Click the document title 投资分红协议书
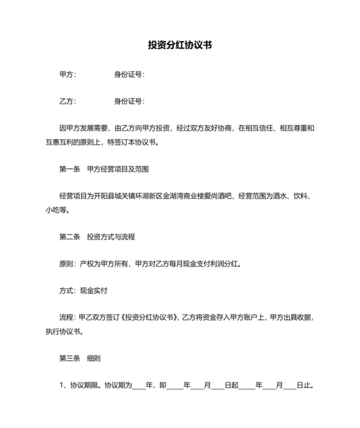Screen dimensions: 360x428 (180, 46)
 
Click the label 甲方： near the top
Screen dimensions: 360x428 (67, 74)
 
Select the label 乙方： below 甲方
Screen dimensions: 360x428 (67, 101)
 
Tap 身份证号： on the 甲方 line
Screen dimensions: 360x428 (129, 74)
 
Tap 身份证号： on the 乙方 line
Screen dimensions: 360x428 (129, 101)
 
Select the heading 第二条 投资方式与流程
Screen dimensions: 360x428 (96, 237)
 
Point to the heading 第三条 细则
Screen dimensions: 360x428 (80, 358)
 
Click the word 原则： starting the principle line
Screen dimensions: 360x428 (68, 264)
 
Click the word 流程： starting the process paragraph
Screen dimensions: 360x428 (68, 318)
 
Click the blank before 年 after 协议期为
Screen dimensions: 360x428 (139, 386)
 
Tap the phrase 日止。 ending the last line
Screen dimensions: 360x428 (305, 386)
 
